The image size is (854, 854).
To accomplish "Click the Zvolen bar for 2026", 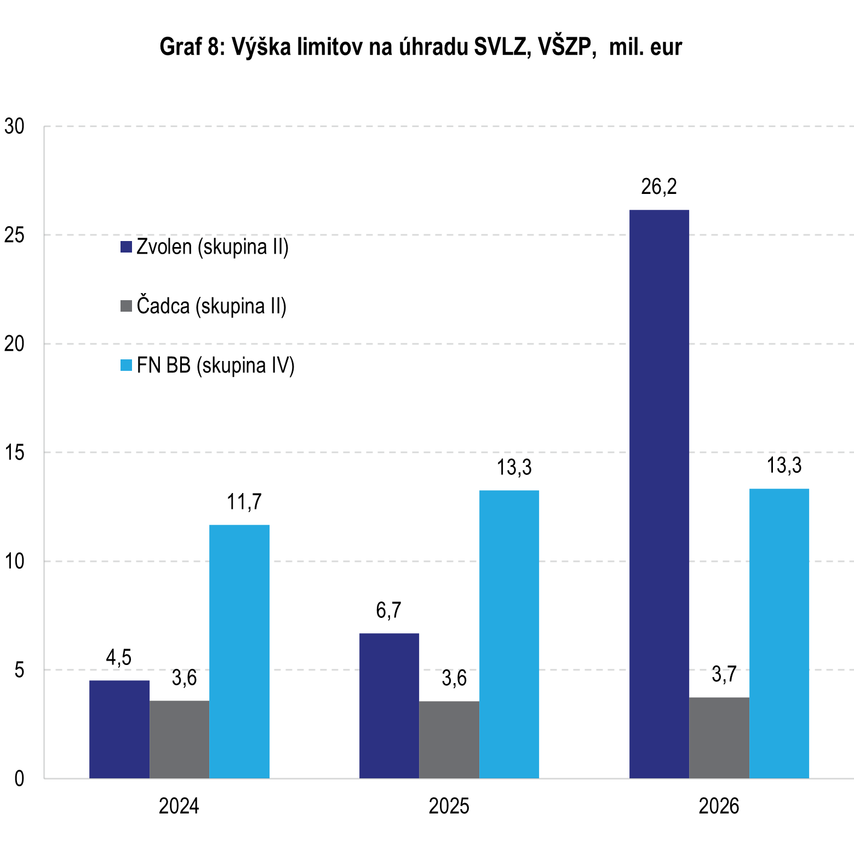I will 659,494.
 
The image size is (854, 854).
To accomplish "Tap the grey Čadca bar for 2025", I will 449,739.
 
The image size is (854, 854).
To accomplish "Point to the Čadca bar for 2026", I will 719,737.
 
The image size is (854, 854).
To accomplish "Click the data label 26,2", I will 659,187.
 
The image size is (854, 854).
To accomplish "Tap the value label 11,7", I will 244,502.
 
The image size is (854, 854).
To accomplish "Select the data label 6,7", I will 389,610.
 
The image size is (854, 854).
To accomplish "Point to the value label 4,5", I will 119,657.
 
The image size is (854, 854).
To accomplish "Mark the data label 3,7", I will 724,674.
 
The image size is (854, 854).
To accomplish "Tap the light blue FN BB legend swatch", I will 127,365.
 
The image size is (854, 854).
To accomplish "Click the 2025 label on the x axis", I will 449,806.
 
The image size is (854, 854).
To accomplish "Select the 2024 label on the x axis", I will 179,806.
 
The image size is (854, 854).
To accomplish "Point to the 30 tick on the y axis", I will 15,127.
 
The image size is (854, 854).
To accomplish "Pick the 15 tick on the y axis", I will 15,452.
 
